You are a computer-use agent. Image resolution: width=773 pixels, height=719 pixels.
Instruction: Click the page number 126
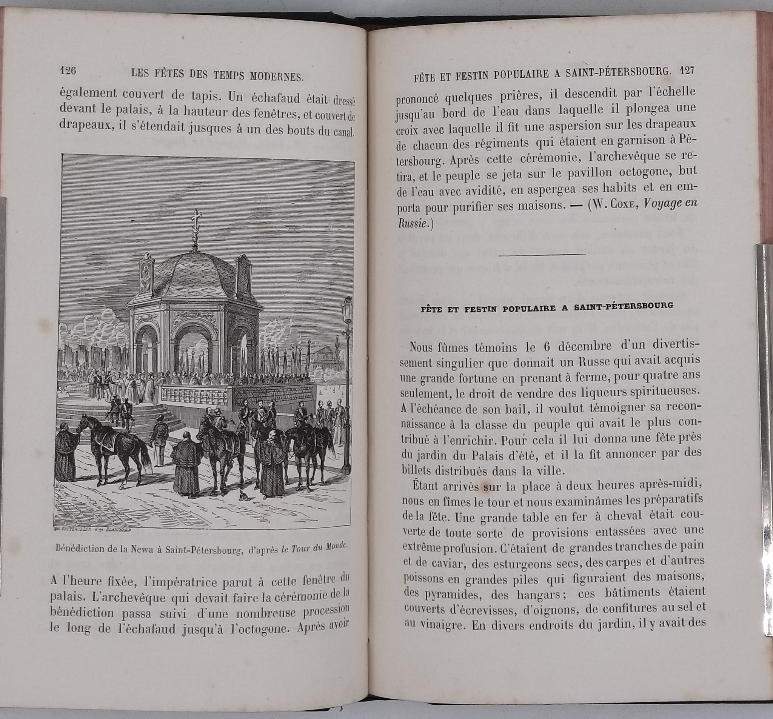tap(68, 71)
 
